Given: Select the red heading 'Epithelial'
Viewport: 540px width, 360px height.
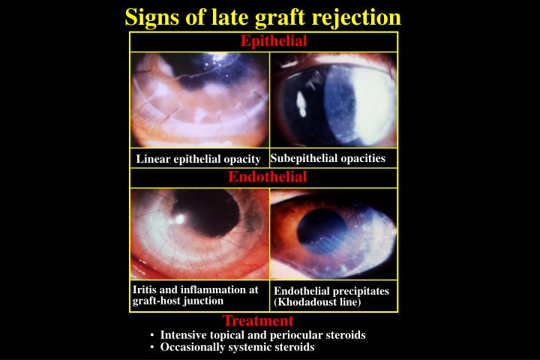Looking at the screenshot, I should point(274,41).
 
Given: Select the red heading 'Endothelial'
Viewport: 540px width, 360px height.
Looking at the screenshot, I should point(268,178).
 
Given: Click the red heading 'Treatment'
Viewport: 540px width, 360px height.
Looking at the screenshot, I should point(258,321).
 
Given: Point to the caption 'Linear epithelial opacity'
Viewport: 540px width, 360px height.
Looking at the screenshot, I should point(198,159).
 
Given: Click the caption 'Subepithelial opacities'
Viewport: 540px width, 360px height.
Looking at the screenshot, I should point(328,158).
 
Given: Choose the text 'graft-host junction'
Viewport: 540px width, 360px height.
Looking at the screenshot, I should point(178,301).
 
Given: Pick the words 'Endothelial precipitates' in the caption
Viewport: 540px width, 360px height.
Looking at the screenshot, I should point(331,291).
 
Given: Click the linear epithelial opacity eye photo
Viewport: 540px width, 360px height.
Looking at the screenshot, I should point(199,100).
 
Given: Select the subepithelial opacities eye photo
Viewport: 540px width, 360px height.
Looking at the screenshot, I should point(334,100).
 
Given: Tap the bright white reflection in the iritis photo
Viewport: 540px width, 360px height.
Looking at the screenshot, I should point(180,220).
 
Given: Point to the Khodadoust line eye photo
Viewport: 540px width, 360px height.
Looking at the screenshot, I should point(334,234).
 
